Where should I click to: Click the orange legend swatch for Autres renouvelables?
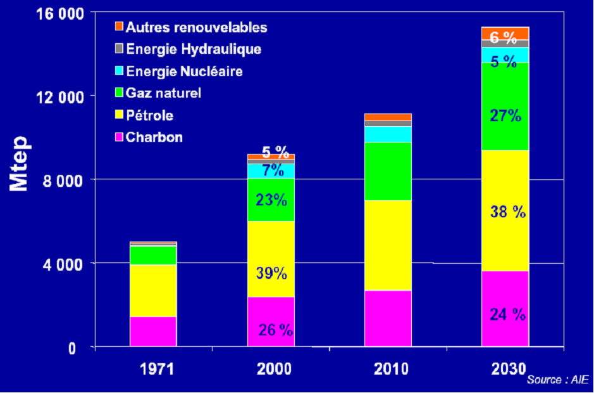[118, 27]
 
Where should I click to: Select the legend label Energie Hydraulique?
[194, 49]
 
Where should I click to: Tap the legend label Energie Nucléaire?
[184, 71]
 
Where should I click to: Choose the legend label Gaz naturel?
[163, 93]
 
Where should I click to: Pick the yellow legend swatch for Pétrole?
[118, 115]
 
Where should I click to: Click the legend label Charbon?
[154, 137]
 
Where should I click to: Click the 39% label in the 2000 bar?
[271, 274]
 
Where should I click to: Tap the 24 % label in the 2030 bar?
[507, 314]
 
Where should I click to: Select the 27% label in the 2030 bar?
[505, 115]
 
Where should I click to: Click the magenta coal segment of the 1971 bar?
[153, 331]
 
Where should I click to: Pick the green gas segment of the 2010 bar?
[388, 171]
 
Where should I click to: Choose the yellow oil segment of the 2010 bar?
[388, 245]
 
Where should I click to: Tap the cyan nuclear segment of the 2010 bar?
[388, 134]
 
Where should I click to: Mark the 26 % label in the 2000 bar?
[275, 330]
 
